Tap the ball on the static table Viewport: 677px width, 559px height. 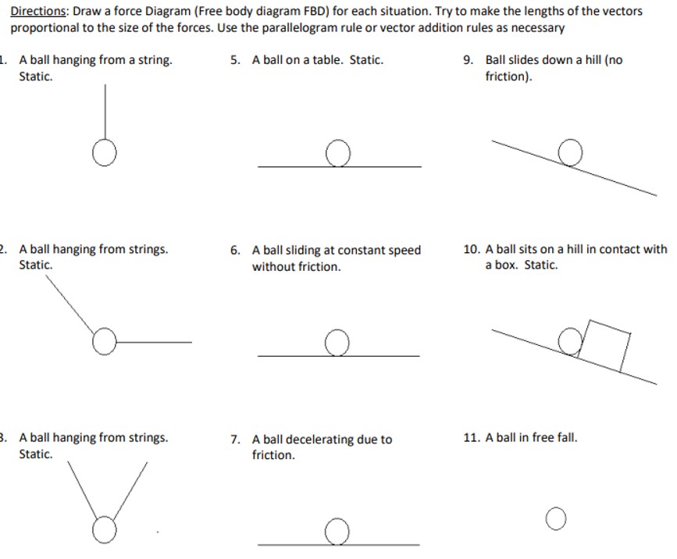[x=337, y=154]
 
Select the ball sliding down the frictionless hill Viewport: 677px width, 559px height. [x=571, y=152]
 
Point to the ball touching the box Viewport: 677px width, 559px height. [x=571, y=341]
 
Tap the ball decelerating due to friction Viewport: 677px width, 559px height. [x=337, y=532]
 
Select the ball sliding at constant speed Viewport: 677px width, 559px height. [x=337, y=344]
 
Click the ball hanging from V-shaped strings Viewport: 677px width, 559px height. [x=103, y=532]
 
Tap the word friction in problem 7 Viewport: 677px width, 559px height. [x=272, y=455]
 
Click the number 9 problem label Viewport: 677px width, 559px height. [x=468, y=60]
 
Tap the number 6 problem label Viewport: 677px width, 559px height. [x=236, y=251]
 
